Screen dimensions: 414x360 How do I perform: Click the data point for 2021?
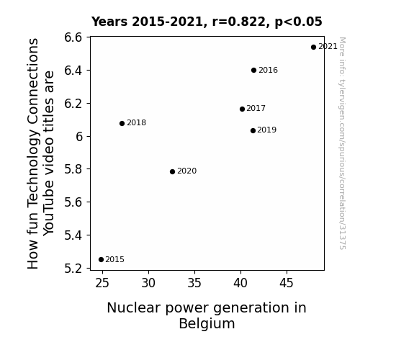(313, 48)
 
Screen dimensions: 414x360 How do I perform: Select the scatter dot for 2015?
(101, 260)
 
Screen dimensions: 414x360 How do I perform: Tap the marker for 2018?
(122, 123)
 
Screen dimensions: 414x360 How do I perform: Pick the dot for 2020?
(172, 171)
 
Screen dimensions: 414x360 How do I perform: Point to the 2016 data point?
(253, 71)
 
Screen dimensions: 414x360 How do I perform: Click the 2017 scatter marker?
(242, 109)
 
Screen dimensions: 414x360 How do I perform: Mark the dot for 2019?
(253, 130)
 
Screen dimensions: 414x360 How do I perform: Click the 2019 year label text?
(266, 130)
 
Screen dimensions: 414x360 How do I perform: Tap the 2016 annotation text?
(269, 71)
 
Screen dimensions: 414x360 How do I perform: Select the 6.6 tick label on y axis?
(73, 37)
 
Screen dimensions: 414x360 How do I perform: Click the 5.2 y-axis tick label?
(73, 269)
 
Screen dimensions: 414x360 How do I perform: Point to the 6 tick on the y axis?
(79, 137)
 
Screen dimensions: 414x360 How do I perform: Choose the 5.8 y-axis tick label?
(73, 169)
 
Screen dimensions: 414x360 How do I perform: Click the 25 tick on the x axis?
(102, 284)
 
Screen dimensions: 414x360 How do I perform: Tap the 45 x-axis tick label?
(287, 284)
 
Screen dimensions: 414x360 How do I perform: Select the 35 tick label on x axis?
(194, 284)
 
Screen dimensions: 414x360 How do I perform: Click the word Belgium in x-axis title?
(207, 324)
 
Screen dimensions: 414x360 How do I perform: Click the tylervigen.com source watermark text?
(342, 143)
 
